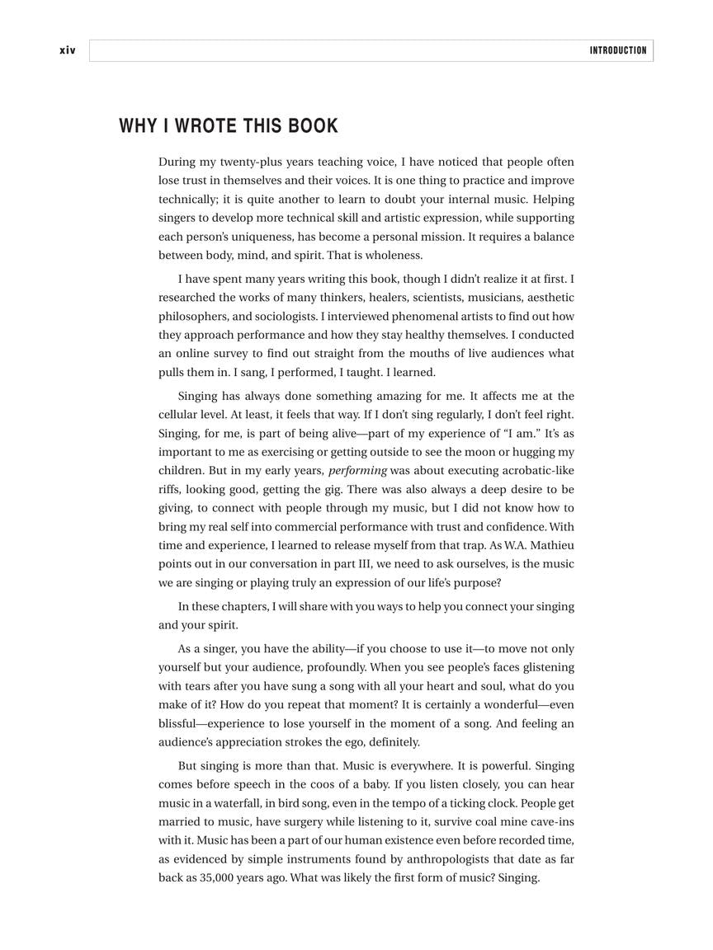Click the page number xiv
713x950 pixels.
click(67, 50)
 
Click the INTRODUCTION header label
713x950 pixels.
click(617, 50)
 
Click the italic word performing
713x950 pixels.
click(357, 471)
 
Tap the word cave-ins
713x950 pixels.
click(550, 821)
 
